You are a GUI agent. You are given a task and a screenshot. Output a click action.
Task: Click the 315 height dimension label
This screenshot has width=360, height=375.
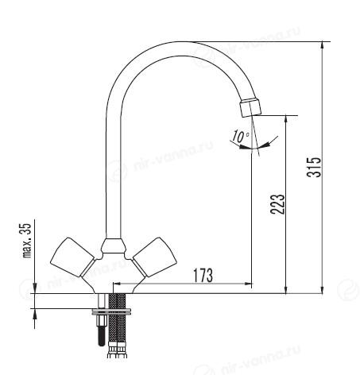point(314,167)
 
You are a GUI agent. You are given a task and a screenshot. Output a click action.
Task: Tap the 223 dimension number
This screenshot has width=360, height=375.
point(277,204)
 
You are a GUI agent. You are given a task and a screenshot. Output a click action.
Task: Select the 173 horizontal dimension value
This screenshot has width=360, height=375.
point(203,276)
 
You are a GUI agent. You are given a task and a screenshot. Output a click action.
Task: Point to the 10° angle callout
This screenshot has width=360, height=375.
point(241,137)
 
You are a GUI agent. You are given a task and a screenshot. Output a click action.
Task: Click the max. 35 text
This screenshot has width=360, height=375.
point(27,241)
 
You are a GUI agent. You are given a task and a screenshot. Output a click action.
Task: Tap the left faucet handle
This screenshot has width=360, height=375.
point(72,257)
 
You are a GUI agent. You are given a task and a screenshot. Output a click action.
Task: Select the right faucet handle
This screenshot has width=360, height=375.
point(155,257)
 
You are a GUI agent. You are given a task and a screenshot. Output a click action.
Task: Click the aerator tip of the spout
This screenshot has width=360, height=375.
point(250,107)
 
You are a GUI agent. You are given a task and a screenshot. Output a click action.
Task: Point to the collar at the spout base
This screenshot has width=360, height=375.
point(113,245)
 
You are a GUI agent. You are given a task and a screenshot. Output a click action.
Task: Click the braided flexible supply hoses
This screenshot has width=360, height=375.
point(117,318)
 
